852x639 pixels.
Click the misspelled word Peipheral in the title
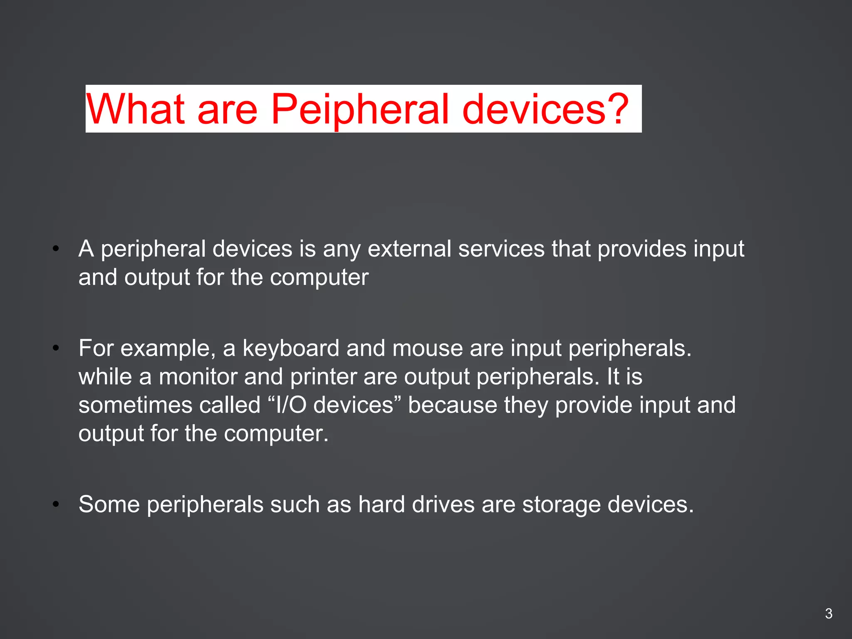[x=360, y=109]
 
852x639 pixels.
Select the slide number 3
[x=828, y=614]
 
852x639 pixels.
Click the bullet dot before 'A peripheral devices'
[x=56, y=249]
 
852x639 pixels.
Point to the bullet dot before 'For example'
[x=56, y=348]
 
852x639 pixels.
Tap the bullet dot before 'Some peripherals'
[x=56, y=505]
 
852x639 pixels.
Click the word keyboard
[x=291, y=348]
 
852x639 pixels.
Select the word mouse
[x=427, y=348]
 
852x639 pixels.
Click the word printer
[x=323, y=377]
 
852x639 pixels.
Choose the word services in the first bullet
[x=501, y=249]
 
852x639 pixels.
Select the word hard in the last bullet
[x=381, y=505]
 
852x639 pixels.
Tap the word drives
[x=443, y=505]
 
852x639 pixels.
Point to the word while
[x=105, y=377]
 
